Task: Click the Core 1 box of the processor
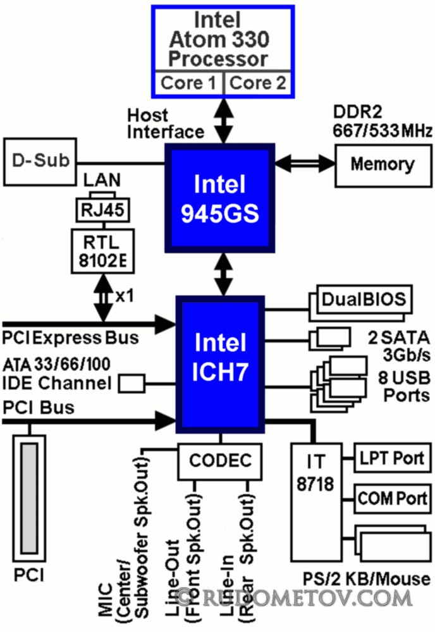pyautogui.click(x=189, y=83)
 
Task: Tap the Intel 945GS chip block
pyautogui.click(x=219, y=197)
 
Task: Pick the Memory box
pyautogui.click(x=383, y=166)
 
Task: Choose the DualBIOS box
pyautogui.click(x=363, y=298)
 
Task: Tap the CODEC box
pyautogui.click(x=219, y=459)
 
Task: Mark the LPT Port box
pyautogui.click(x=389, y=458)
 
